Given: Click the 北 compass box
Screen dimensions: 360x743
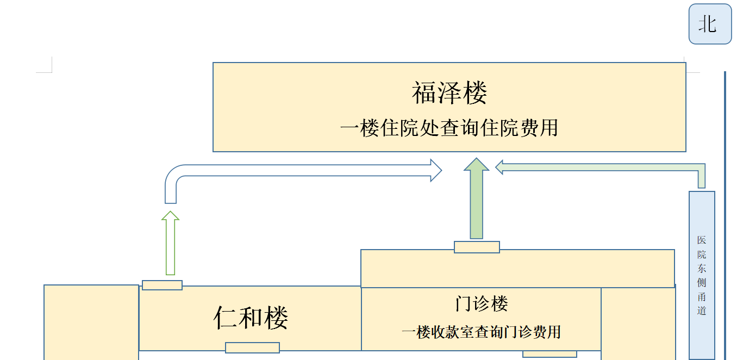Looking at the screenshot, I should point(710,24).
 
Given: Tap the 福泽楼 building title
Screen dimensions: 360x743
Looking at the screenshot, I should point(449,92).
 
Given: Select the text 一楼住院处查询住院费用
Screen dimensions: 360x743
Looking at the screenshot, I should point(449,128).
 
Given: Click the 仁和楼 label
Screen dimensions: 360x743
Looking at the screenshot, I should point(251,318).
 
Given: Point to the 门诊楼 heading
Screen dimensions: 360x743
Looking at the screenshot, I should point(481,303).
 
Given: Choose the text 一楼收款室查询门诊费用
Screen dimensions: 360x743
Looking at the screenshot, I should point(481,332).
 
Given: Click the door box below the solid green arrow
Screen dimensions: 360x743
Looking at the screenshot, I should point(477,247).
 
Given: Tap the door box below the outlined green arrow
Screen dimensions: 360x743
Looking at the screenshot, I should point(162,285).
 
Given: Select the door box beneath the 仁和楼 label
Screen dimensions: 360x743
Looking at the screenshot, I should point(252,347).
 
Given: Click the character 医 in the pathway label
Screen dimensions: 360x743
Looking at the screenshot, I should point(702,240).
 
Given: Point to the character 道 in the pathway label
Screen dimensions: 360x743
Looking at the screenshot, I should point(702,311).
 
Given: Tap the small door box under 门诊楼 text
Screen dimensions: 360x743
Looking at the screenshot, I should point(550,354).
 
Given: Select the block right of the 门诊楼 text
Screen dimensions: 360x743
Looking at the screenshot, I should point(638,324).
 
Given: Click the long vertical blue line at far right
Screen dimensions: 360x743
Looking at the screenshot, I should point(725,218).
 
